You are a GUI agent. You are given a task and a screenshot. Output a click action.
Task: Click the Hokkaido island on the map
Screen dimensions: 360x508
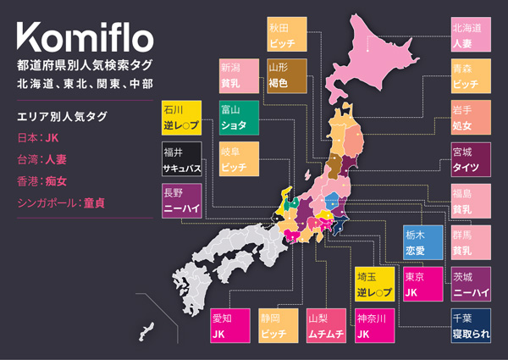tap(385, 59)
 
